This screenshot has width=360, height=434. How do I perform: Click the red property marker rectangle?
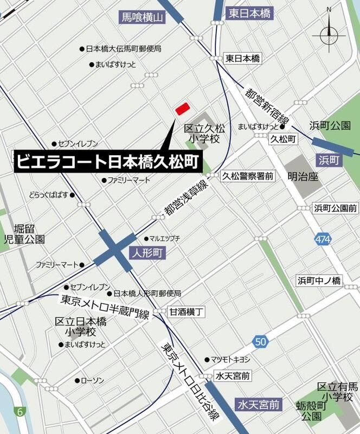(x=182, y=108)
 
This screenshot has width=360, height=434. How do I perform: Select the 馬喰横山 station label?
(x=142, y=18)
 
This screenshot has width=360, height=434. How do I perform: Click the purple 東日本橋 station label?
(x=249, y=13)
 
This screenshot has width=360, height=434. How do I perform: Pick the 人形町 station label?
(x=146, y=253)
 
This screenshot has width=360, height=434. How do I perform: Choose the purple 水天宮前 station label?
(x=260, y=404)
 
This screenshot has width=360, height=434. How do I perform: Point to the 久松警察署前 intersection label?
(x=248, y=176)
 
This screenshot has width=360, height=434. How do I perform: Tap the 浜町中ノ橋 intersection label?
(x=319, y=280)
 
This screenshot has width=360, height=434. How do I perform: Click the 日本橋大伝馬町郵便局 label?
(x=124, y=49)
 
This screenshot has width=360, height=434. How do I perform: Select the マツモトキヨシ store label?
(x=230, y=359)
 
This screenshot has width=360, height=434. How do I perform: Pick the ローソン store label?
(x=92, y=380)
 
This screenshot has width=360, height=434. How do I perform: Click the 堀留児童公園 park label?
(x=24, y=233)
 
